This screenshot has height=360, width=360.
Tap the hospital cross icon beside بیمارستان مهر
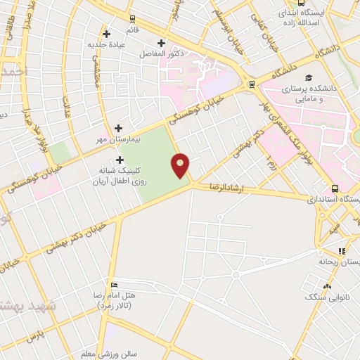click(x=118, y=129)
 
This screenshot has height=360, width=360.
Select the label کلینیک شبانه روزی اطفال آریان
click(x=117, y=175)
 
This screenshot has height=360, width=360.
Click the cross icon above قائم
click(x=106, y=33)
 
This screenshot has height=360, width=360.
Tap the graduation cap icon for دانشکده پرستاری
click(x=308, y=77)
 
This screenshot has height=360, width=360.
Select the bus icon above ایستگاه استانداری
click(x=335, y=188)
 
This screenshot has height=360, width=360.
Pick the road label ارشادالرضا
click(x=229, y=188)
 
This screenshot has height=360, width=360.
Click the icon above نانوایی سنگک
click(x=326, y=285)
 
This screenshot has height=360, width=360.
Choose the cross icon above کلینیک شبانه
click(x=120, y=160)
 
